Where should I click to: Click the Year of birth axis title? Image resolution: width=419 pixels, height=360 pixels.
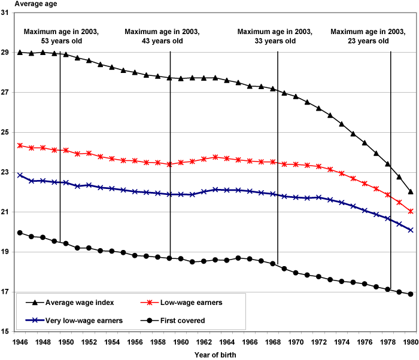[x=215, y=355]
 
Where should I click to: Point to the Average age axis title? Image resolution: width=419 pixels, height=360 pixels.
[x=23, y=5]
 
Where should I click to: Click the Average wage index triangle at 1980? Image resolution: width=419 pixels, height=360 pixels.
[x=411, y=192]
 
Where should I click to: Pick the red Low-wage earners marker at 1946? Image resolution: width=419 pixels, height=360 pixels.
[x=20, y=145]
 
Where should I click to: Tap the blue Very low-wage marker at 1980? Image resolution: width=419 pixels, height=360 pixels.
[x=411, y=230]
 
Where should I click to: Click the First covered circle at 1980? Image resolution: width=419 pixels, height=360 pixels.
[x=411, y=294]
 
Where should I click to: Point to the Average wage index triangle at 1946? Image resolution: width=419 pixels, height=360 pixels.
[x=20, y=53]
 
